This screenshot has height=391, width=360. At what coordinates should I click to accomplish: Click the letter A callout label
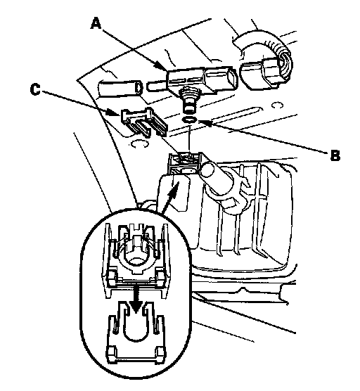click(96, 23)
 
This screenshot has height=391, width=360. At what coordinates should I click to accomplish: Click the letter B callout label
click(335, 155)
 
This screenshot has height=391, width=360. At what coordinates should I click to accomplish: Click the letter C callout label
click(35, 89)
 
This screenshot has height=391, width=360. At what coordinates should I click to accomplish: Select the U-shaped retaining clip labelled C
click(144, 121)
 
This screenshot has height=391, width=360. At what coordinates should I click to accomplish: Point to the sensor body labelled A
click(200, 79)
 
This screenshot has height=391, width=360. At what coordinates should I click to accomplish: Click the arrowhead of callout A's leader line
click(162, 66)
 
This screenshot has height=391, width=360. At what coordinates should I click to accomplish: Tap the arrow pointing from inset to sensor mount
click(169, 198)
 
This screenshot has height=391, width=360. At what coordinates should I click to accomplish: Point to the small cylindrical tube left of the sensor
click(120, 88)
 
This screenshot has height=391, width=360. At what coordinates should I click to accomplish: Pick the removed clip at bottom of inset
click(136, 333)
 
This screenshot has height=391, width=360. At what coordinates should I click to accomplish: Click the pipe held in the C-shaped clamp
click(217, 179)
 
